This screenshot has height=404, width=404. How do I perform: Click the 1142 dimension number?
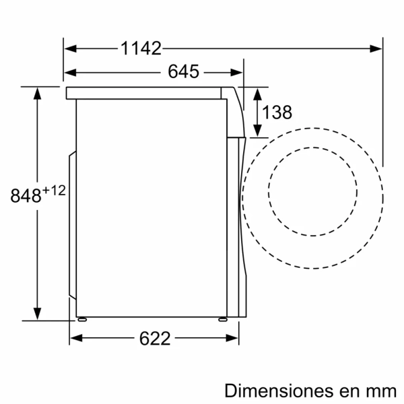[141, 48]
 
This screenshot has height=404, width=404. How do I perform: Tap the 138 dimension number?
[277, 112]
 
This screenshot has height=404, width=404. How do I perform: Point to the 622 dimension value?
[154, 338]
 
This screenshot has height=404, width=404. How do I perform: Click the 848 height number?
[26, 196]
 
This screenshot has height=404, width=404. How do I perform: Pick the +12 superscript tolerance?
[54, 191]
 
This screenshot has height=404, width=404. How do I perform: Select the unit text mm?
[378, 391]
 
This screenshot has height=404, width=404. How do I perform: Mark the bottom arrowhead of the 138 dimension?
[257, 131]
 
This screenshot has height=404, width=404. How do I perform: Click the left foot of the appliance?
[81, 319]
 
